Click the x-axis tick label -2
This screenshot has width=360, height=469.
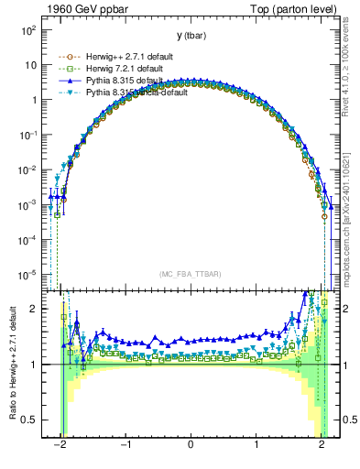pos(60,449)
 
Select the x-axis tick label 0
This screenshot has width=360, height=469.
pos(191,449)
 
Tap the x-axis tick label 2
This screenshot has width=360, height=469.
pos(322,449)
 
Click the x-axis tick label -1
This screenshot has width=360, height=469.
pos(125,449)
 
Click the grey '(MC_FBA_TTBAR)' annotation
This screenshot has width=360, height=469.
pos(190,273)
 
